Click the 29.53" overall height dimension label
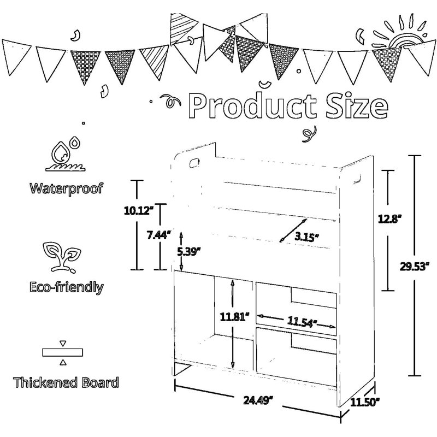point(414,267)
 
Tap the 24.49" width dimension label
point(258,400)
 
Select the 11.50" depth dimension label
point(365,402)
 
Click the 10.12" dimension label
point(139,211)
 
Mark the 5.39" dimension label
point(189,252)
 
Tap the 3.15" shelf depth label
point(306,237)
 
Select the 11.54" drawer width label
point(302,322)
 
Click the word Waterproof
point(66,188)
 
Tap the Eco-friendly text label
point(66,287)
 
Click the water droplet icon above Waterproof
point(65,154)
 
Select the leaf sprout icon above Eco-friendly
point(62,257)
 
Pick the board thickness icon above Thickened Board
point(63,352)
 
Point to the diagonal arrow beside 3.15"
point(293,231)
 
